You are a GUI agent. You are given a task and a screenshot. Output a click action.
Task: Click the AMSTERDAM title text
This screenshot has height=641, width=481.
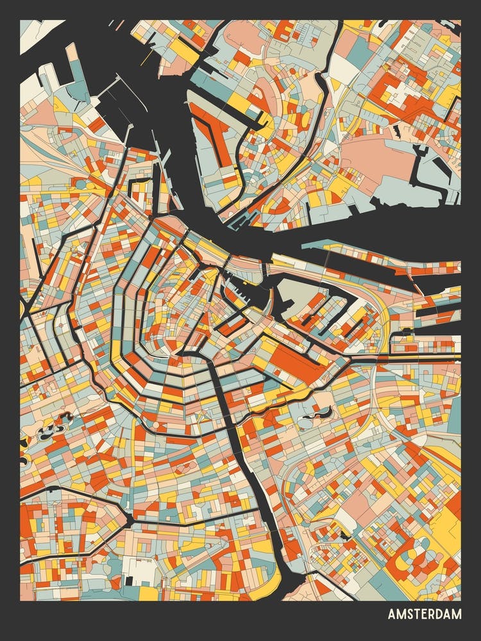click(x=424, y=615)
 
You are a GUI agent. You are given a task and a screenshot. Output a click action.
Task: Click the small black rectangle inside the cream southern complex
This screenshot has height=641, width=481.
click(x=129, y=581)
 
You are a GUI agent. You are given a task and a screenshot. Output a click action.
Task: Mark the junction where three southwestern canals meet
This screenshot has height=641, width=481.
click(x=130, y=517)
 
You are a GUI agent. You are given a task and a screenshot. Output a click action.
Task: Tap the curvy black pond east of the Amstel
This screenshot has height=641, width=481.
click(x=319, y=415)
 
